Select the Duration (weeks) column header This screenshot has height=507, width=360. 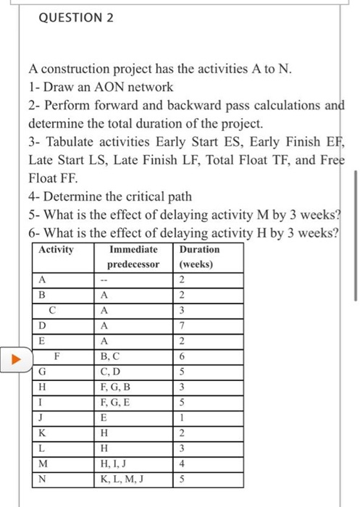[x=197, y=256]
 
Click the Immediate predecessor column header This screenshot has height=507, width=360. [x=134, y=256]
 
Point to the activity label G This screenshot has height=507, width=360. [x=43, y=372]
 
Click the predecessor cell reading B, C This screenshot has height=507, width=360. [x=115, y=357]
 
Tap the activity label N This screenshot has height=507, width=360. [x=43, y=479]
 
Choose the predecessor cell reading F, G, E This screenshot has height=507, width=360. [x=119, y=403]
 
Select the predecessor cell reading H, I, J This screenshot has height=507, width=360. [x=118, y=464]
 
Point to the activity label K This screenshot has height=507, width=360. [x=43, y=433]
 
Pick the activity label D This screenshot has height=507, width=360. [x=43, y=327]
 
